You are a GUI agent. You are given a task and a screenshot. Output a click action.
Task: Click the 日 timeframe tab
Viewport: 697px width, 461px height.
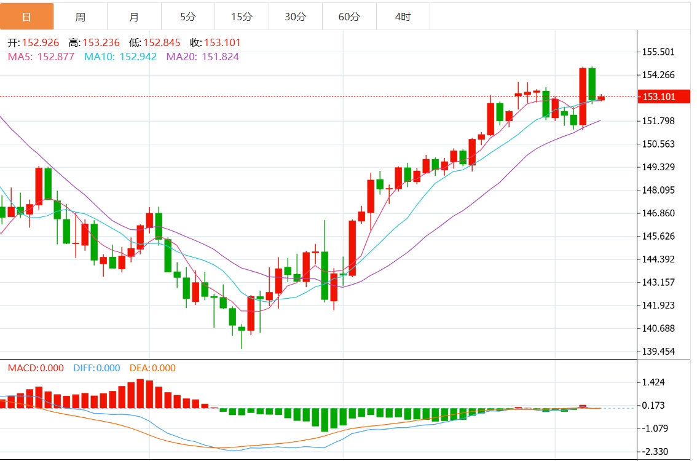26,17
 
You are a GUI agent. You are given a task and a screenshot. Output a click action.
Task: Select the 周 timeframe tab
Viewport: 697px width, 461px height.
81,17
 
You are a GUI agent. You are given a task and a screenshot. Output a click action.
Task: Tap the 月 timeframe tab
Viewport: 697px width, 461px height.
134,17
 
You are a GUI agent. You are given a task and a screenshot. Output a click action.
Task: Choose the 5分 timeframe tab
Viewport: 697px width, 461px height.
188,17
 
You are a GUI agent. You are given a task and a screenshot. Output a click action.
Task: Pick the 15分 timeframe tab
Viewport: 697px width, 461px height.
242,17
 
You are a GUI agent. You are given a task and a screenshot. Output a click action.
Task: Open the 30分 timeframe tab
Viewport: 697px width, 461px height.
295,17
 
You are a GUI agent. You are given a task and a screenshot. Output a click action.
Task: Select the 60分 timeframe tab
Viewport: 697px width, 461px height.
349,17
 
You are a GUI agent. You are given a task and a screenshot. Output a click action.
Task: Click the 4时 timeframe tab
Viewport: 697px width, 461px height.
403,17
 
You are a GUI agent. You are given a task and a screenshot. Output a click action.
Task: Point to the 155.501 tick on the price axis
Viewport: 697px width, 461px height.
658,52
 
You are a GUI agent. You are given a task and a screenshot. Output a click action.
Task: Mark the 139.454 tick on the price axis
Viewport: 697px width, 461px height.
658,352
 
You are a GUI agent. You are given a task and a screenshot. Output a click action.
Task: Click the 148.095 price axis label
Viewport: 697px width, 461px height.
658,190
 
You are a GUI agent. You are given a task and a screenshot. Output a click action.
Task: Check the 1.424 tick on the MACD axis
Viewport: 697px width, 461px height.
654,382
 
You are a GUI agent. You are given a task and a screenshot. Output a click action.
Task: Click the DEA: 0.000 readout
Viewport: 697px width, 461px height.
152,368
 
